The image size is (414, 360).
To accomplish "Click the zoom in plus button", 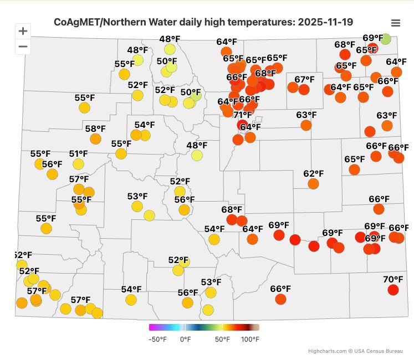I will pyautogui.click(x=23, y=31).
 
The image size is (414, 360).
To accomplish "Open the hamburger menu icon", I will pyautogui.click(x=396, y=23).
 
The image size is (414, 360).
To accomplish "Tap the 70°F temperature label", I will pyautogui.click(x=393, y=279).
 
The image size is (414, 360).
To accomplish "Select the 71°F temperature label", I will pyautogui.click(x=242, y=115).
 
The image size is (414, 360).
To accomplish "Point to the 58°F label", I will pyautogui.click(x=95, y=129).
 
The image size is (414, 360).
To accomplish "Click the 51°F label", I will pyautogui.click(x=79, y=154).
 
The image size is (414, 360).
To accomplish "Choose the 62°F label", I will pyautogui.click(x=313, y=173).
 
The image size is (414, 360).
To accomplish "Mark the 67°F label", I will pyautogui.click(x=304, y=80).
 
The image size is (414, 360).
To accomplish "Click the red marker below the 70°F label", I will pyautogui.click(x=393, y=290).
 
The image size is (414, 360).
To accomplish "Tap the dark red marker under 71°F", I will pyautogui.click(x=242, y=125).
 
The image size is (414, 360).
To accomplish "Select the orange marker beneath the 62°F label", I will pyautogui.click(x=313, y=184).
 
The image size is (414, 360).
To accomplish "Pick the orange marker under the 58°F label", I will pyautogui.click(x=95, y=139).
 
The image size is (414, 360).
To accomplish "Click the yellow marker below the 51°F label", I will pyautogui.click(x=78, y=164).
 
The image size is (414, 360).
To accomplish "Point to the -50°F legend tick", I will pyautogui.click(x=157, y=339).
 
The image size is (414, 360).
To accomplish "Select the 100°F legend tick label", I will pyautogui.click(x=250, y=339).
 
